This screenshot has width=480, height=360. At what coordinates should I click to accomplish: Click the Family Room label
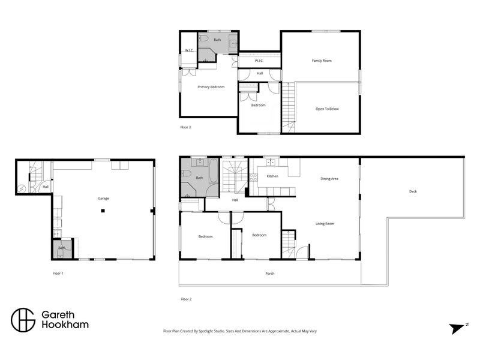[x=322, y=61]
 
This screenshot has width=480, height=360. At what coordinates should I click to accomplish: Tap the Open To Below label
[x=328, y=109]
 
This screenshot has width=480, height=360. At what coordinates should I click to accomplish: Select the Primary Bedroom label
[x=211, y=87]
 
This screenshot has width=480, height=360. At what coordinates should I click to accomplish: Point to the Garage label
[x=103, y=198]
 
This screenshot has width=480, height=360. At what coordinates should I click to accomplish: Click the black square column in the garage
[x=103, y=210]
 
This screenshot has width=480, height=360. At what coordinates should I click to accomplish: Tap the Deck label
[x=413, y=191]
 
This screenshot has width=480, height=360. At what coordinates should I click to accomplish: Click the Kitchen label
[x=272, y=176]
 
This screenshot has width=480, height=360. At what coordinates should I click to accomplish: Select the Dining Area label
[x=330, y=178]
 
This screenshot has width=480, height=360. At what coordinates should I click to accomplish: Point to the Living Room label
[x=325, y=224]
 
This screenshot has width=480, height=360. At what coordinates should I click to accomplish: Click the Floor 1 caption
[x=58, y=273]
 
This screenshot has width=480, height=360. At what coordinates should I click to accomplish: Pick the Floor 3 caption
[x=185, y=127]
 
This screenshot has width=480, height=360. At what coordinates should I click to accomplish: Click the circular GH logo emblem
[x=23, y=320]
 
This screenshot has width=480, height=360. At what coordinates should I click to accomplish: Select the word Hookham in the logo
[x=64, y=325]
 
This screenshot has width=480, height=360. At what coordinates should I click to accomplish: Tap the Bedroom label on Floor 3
[x=258, y=105]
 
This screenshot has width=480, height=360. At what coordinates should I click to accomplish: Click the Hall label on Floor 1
[x=46, y=187]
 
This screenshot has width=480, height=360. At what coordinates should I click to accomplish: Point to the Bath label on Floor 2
[x=199, y=178]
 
